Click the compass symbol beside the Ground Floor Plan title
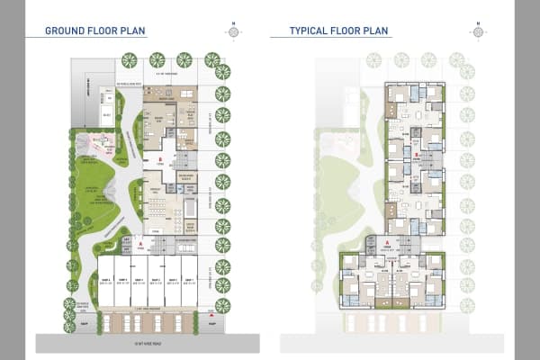[x=233, y=31]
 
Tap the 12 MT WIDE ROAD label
[x=146, y=343]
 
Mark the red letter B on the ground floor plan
[x=159, y=162]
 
